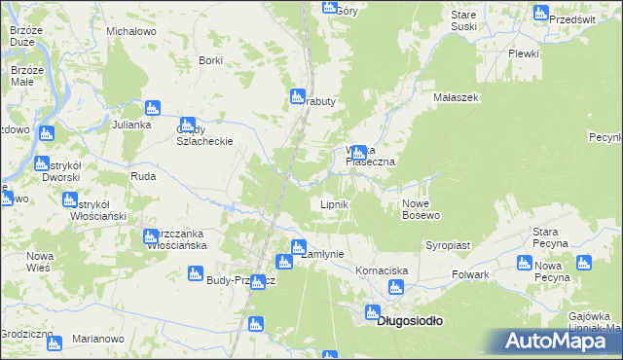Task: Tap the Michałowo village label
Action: click(131, 32)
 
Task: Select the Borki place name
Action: click(210, 60)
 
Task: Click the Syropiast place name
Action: click(449, 246)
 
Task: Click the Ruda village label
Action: click(143, 177)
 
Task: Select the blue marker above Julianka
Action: click(151, 108)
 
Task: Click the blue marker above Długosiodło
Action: click(372, 312)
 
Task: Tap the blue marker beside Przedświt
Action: click(540, 13)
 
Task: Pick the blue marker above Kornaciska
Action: click(395, 287)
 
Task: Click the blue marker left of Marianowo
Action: click(54, 342)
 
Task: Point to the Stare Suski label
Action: click(464, 20)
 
